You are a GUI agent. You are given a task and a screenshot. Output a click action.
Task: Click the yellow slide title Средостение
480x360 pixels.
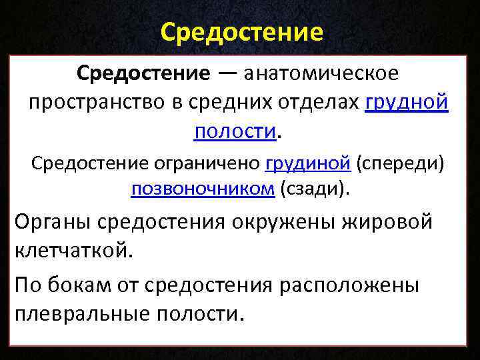pyautogui.click(x=242, y=31)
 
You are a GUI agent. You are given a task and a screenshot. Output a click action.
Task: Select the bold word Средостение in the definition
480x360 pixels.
pyautogui.click(x=143, y=73)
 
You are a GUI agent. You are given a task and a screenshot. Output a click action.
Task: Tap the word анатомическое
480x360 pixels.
pyautogui.click(x=322, y=73)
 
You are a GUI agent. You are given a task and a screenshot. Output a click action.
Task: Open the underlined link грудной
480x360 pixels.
pyautogui.click(x=407, y=102)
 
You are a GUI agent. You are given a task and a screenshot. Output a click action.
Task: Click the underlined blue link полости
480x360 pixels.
pyautogui.click(x=235, y=131)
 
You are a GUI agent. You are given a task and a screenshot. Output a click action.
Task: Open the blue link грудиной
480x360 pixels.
pyautogui.click(x=308, y=162)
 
